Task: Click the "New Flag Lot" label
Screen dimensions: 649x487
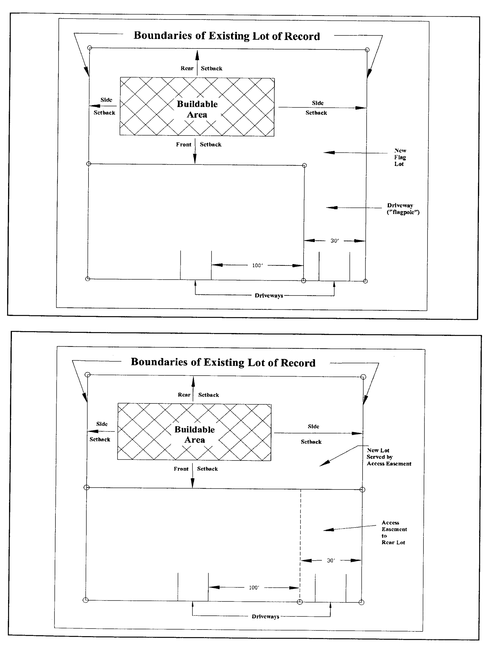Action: coord(400,157)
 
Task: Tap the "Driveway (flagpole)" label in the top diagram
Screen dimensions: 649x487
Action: coord(403,208)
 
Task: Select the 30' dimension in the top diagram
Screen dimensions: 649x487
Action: coord(334,241)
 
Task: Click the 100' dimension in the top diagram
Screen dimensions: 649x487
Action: coord(257,266)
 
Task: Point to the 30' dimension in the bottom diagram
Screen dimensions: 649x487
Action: coord(331,560)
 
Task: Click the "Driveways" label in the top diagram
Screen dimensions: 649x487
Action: coord(269,296)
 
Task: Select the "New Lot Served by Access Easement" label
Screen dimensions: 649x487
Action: coord(388,457)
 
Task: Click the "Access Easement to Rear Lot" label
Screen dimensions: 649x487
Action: coord(394,532)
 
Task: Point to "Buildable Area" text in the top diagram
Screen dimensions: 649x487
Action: coord(197,109)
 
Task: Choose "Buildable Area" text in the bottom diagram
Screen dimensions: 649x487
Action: coord(195,435)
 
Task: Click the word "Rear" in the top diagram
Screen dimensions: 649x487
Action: coord(187,68)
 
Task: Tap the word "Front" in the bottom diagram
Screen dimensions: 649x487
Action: coord(181,469)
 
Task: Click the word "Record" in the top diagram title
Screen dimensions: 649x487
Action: coord(302,37)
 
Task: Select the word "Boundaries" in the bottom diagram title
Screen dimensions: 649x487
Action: coord(159,362)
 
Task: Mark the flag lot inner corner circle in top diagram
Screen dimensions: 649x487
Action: coord(304,165)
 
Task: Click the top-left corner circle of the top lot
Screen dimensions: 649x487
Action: coord(90,48)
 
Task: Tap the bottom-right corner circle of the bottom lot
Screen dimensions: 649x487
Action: coord(361,602)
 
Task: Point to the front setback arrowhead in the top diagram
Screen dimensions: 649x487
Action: coord(195,160)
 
